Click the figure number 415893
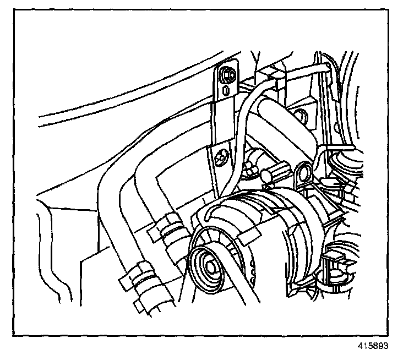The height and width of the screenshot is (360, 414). coord(373,347)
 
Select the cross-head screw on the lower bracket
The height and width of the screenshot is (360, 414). coord(222,156)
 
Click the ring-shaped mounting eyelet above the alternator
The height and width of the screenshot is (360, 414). coord(301,173)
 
